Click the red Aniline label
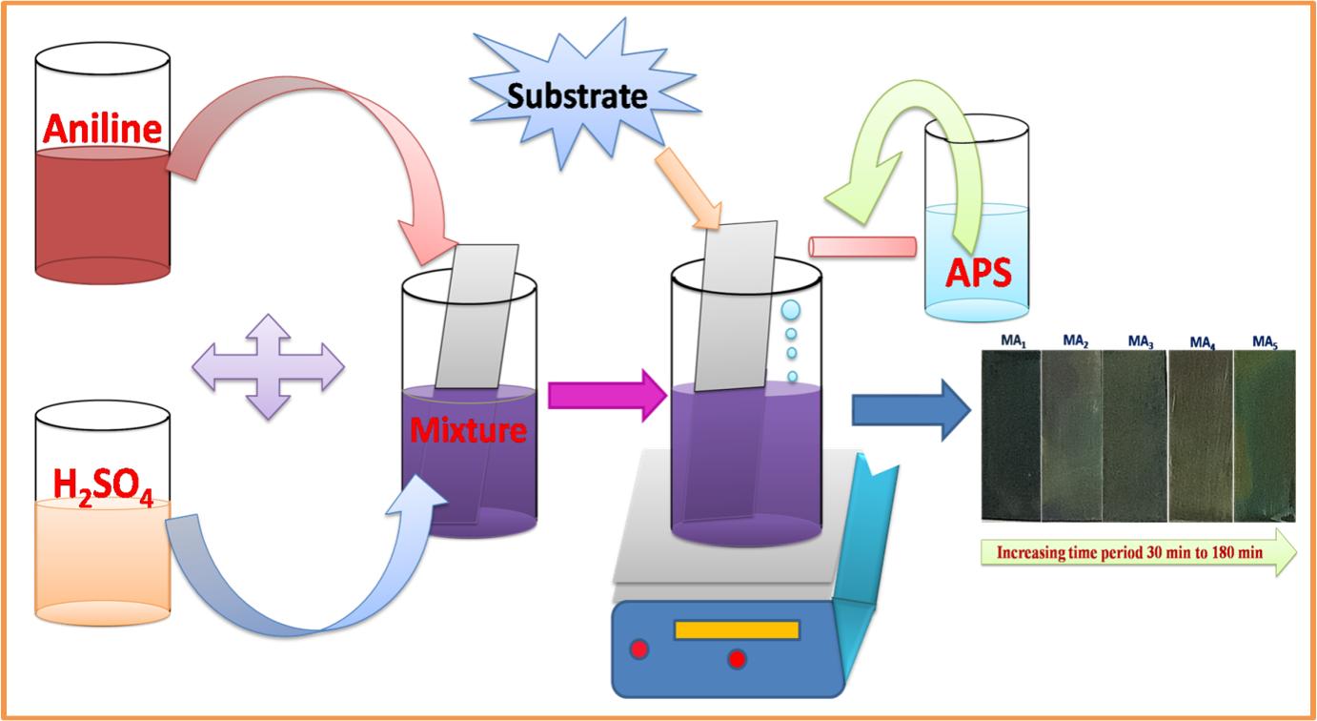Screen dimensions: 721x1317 pyautogui.click(x=102, y=127)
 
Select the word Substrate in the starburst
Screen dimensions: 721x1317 pyautogui.click(x=577, y=96)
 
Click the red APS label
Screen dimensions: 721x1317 pyautogui.click(x=978, y=275)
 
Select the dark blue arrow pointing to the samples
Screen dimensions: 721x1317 pyautogui.click(x=908, y=409)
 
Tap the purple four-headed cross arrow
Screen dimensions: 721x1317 pyautogui.click(x=268, y=366)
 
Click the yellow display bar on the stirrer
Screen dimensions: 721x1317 pyautogui.click(x=736, y=629)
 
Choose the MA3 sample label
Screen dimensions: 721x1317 pyautogui.click(x=1141, y=340)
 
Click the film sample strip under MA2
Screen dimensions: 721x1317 pyautogui.click(x=1071, y=434)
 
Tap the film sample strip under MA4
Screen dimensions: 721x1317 pyautogui.click(x=1200, y=434)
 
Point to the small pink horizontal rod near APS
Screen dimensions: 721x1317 pyautogui.click(x=862, y=246)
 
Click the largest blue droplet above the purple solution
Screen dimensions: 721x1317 pyautogui.click(x=792, y=311)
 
